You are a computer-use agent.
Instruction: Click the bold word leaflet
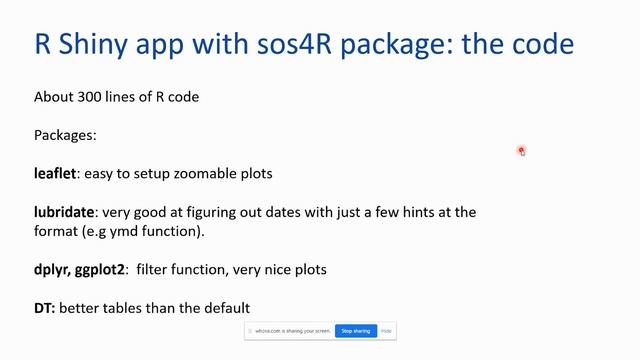click(55, 173)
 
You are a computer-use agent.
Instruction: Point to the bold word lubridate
click(65, 212)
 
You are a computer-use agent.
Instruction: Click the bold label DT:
click(45, 308)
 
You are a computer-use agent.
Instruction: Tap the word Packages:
click(65, 135)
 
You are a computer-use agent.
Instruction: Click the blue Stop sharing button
click(355, 331)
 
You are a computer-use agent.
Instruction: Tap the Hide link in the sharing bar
click(386, 331)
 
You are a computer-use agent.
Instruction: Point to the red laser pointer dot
click(522, 151)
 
